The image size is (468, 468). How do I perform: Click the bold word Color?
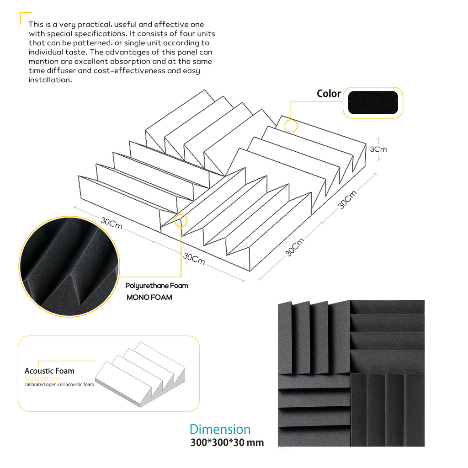click(329, 94)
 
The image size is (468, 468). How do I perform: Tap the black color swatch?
click(372, 103)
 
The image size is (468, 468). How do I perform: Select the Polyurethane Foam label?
click(157, 286)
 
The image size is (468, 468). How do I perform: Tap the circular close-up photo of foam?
click(69, 266)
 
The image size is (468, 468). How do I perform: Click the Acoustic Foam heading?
click(49, 371)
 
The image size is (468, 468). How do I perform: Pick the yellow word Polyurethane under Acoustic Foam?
click(43, 378)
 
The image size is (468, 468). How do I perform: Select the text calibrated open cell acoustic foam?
click(59, 384)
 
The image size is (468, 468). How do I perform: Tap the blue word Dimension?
click(220, 429)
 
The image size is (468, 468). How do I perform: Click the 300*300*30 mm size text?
click(227, 442)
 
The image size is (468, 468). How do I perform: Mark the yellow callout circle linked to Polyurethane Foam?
click(181, 221)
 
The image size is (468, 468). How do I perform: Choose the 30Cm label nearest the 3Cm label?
click(347, 200)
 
